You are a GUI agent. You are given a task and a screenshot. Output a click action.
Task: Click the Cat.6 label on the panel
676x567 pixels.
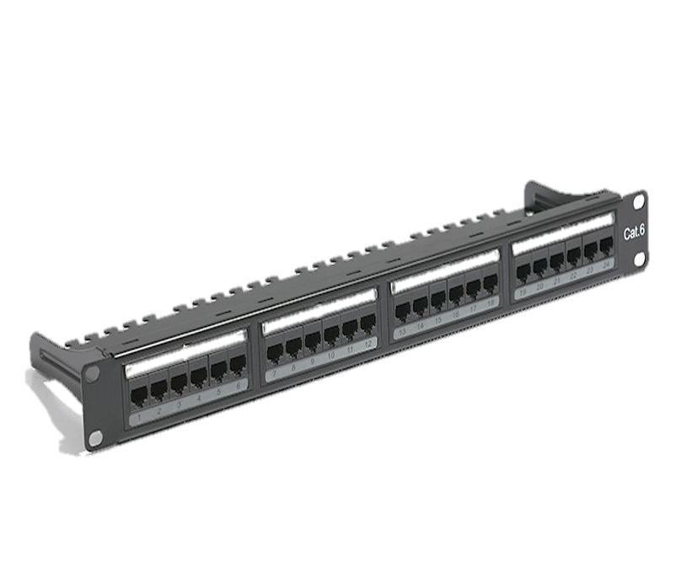pyautogui.click(x=633, y=231)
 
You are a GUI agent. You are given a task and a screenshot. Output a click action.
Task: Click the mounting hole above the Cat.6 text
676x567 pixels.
pyautogui.click(x=638, y=203)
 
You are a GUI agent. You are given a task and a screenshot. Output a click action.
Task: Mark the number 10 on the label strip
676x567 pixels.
pyautogui.click(x=329, y=357)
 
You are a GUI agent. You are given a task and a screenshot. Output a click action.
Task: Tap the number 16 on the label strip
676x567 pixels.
pyautogui.click(x=455, y=318)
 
